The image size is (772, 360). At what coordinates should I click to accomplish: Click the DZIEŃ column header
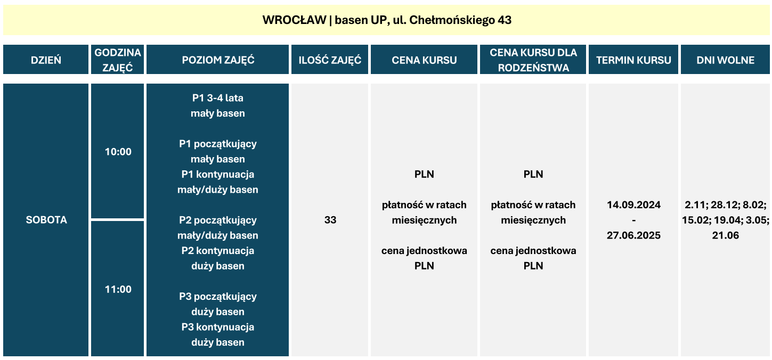tap(46, 60)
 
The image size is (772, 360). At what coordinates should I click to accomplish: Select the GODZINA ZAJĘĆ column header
tap(118, 60)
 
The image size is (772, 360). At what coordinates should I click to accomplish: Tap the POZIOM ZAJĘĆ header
tap(217, 60)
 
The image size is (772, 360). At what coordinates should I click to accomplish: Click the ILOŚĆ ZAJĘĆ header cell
tap(330, 60)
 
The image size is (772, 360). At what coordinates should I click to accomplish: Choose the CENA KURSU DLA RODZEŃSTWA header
tap(533, 60)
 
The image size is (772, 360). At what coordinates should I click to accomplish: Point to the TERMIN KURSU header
tap(633, 60)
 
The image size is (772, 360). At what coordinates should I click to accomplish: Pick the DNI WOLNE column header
tap(725, 60)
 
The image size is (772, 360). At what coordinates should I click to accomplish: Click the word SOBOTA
tap(46, 220)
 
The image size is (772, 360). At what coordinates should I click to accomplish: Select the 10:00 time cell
tap(118, 152)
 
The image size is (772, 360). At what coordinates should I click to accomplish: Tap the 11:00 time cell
tap(118, 289)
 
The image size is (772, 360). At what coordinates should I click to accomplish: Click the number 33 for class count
tap(330, 220)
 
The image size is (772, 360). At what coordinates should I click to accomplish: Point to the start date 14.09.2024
tap(633, 204)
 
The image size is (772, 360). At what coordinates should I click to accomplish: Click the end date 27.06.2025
tap(633, 235)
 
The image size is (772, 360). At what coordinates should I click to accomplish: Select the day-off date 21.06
tap(726, 235)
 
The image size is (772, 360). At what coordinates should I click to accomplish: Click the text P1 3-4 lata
tap(217, 98)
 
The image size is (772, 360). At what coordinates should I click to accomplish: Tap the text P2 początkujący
tap(217, 220)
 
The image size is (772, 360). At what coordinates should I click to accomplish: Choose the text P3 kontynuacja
tap(217, 327)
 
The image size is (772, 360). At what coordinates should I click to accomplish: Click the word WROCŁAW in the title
tap(294, 20)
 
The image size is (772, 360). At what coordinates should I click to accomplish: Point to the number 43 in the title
tap(505, 20)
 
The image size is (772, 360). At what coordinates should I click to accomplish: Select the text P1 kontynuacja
tap(217, 174)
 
